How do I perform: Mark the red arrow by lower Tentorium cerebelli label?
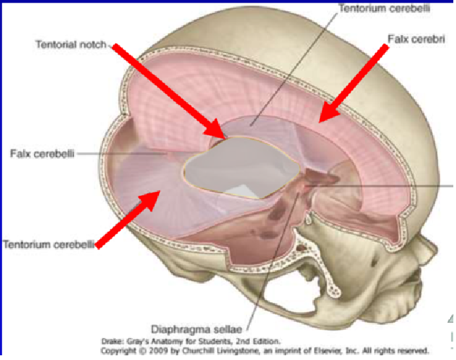pyautogui.click(x=127, y=219)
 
